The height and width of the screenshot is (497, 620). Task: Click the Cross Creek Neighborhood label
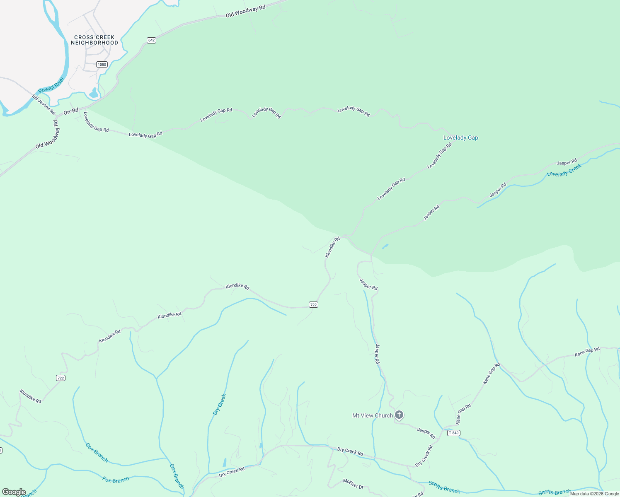[x=94, y=40]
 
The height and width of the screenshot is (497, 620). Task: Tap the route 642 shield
[x=151, y=40]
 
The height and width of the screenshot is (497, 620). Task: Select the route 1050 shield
[x=102, y=64]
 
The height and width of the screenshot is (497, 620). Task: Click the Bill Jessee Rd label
[x=44, y=104]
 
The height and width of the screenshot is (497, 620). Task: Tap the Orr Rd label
[x=71, y=111]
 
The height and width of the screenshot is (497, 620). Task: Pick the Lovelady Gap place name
[x=460, y=138]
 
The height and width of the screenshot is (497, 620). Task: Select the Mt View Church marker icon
[x=399, y=415]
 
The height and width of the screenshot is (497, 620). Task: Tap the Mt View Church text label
[x=372, y=415]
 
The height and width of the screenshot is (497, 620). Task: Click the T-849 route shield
[x=454, y=433]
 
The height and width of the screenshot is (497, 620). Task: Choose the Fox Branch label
[x=116, y=480]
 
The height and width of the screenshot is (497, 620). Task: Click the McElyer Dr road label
[x=353, y=483]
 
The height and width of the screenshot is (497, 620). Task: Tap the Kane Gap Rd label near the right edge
[x=587, y=352]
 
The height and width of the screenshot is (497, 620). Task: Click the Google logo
[x=14, y=492]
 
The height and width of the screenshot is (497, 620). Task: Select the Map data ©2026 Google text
[x=594, y=494]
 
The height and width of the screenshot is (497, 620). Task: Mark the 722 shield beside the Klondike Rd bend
[x=313, y=305]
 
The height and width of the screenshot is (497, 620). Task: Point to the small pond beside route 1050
[x=94, y=93]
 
